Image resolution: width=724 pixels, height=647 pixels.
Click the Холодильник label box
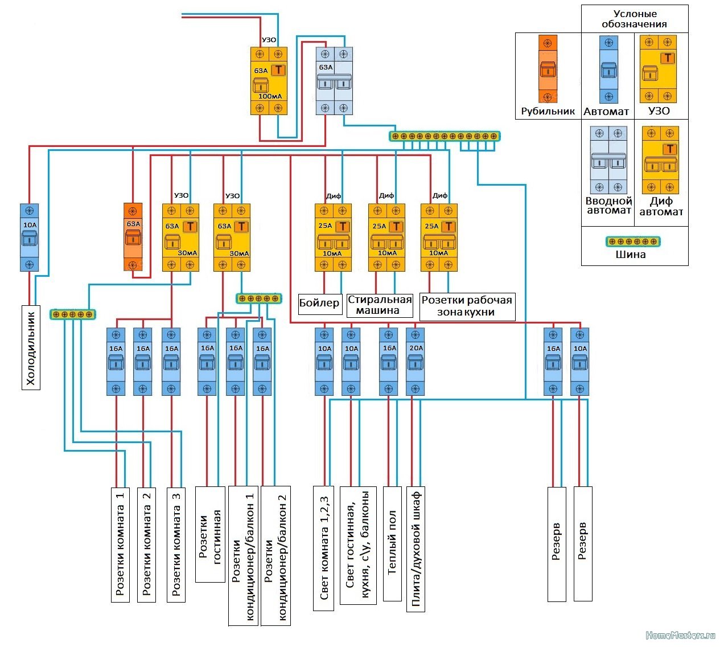(31, 347)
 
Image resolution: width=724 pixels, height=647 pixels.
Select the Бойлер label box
(320, 304)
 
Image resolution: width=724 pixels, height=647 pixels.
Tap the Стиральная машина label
(380, 305)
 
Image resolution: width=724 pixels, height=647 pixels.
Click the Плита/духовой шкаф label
(416, 549)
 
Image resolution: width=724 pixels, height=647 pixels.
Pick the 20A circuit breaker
(416, 362)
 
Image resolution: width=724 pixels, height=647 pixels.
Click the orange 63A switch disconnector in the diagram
(133, 237)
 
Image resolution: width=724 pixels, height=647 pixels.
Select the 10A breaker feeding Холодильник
(29, 237)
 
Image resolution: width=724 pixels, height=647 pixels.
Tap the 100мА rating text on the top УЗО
(270, 96)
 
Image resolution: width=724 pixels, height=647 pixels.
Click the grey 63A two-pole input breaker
(334, 81)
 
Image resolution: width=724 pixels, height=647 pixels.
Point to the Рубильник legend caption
(548, 111)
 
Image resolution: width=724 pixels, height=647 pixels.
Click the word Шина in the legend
(631, 254)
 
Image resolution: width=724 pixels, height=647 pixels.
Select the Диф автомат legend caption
(661, 206)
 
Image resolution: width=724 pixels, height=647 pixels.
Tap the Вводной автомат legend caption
(608, 206)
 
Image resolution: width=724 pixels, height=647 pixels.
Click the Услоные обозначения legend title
(635, 19)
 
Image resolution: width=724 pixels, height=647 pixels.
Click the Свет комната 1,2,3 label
(323, 548)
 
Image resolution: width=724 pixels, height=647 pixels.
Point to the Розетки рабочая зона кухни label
(467, 306)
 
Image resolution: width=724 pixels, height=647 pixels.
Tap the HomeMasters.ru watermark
(680, 635)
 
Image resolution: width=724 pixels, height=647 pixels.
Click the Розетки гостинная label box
(210, 534)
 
